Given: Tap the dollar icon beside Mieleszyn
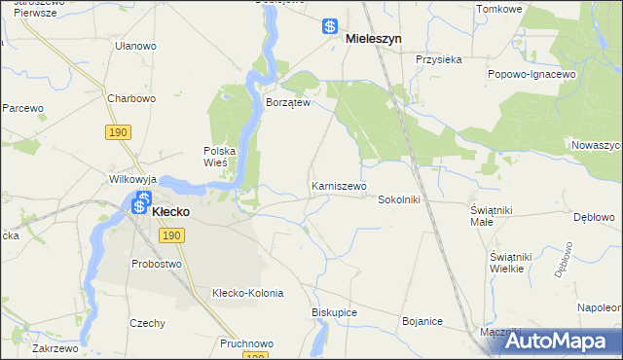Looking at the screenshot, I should click(x=331, y=27).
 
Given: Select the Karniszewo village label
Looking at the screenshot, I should click(x=339, y=185).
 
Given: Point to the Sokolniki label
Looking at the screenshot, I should click(x=398, y=198).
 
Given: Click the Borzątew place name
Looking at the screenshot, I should click(x=288, y=102).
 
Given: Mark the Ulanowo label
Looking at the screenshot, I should click(x=135, y=46).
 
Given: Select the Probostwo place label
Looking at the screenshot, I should click(x=157, y=264).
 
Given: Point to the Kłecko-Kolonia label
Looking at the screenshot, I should click(x=247, y=293).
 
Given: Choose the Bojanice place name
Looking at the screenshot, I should click(x=422, y=321).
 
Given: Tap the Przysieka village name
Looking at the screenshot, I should click(x=438, y=58).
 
